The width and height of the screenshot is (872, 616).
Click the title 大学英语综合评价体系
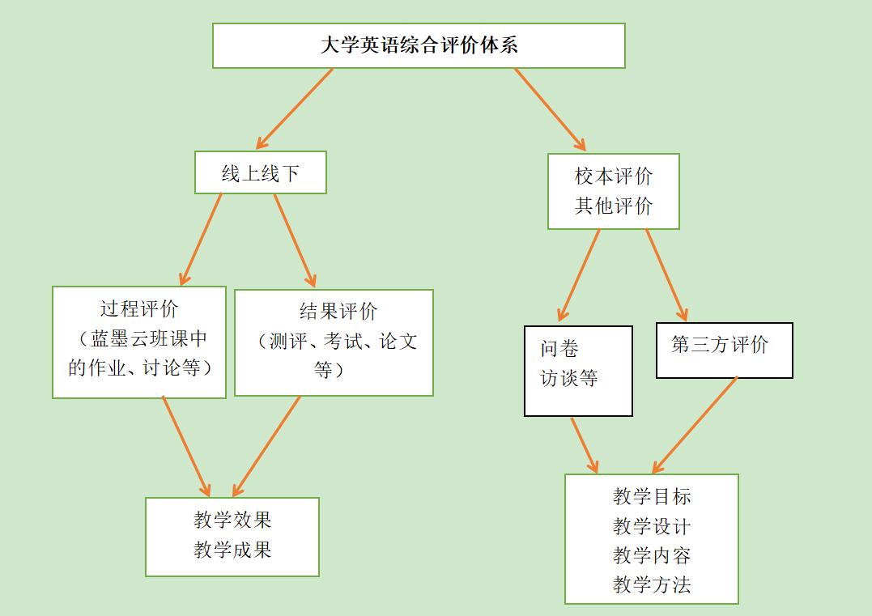click(x=419, y=45)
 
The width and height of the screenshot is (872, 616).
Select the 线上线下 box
click(x=261, y=172)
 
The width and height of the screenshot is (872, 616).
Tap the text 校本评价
click(x=614, y=176)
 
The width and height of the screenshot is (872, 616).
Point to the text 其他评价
click(x=614, y=206)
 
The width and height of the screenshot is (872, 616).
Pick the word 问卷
click(x=560, y=349)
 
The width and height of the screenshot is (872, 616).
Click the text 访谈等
click(x=569, y=378)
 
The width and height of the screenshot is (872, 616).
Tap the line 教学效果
click(x=232, y=520)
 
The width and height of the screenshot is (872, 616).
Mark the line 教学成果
click(x=232, y=550)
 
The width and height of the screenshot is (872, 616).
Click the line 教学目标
click(x=652, y=496)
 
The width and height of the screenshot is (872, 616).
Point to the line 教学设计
click(x=652, y=526)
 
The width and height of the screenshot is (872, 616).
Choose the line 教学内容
click(x=652, y=555)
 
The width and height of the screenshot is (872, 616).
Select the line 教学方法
click(x=652, y=584)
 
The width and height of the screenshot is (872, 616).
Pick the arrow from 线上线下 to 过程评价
click(x=201, y=239)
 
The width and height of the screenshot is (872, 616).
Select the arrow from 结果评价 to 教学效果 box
click(x=266, y=446)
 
